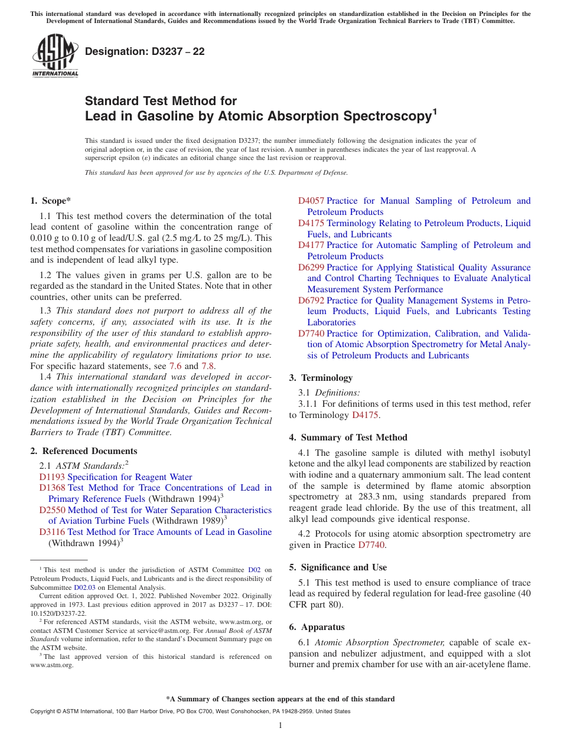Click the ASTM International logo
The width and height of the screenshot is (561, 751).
pyautogui.click(x=55, y=55)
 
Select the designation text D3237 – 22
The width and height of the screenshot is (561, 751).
pyautogui.click(x=145, y=52)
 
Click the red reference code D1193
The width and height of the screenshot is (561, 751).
pyautogui.click(x=52, y=477)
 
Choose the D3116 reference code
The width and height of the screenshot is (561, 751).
pyautogui.click(x=52, y=532)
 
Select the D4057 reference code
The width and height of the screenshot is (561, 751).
pyautogui.click(x=311, y=201)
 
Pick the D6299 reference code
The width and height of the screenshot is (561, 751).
pyautogui.click(x=311, y=267)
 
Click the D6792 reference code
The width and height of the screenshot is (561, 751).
pyautogui.click(x=311, y=301)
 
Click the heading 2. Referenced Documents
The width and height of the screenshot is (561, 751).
pyautogui.click(x=83, y=451)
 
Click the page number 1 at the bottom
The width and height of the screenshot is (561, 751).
pyautogui.click(x=280, y=726)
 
